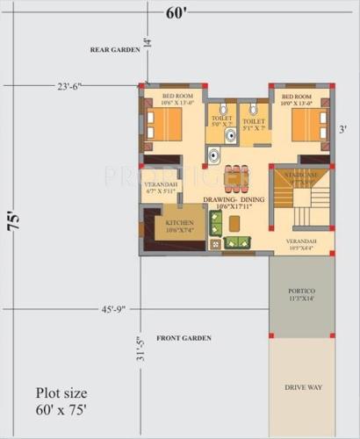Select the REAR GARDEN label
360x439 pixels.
(x=115, y=51)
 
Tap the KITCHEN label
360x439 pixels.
(x=180, y=224)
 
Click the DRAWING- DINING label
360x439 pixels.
(x=234, y=200)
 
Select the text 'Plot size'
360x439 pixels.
(x=61, y=392)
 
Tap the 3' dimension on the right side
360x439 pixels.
(x=342, y=129)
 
